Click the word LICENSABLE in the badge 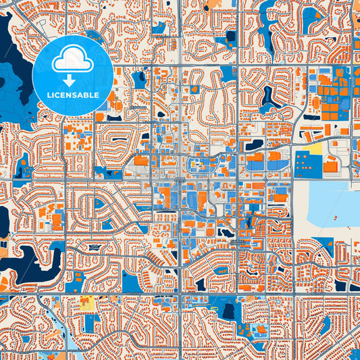click(74, 95)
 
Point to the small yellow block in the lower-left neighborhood click(86, 305)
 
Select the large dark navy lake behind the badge click(17, 74)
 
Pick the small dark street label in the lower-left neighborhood click(95, 248)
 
